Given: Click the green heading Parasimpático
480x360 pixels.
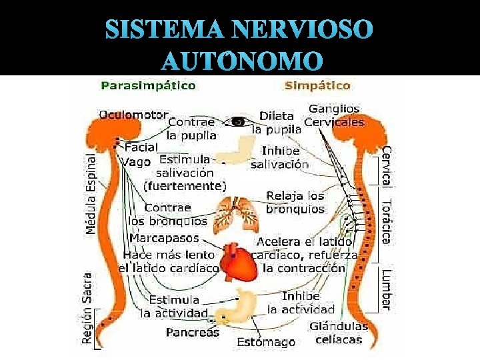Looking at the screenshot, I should pyautogui.click(x=148, y=85).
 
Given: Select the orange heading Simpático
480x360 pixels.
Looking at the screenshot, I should pyautogui.click(x=317, y=85).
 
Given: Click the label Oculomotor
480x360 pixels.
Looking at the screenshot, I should pyautogui.click(x=133, y=114).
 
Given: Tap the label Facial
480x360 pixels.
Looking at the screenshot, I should pyautogui.click(x=141, y=147).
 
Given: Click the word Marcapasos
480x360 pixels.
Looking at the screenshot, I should pyautogui.click(x=163, y=238).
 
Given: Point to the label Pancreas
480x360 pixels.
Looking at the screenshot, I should pyautogui.click(x=192, y=332).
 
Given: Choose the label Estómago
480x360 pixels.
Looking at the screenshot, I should pyautogui.click(x=266, y=342).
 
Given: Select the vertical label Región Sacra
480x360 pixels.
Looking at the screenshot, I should pyautogui.click(x=87, y=307).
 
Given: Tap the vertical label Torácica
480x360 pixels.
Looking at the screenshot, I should pyautogui.click(x=386, y=221).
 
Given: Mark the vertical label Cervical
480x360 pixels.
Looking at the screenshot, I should pyautogui.click(x=386, y=167).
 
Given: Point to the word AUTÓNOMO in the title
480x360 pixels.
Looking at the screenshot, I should pyautogui.click(x=242, y=61).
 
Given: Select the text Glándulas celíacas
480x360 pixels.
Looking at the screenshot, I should pyautogui.click(x=339, y=333).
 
